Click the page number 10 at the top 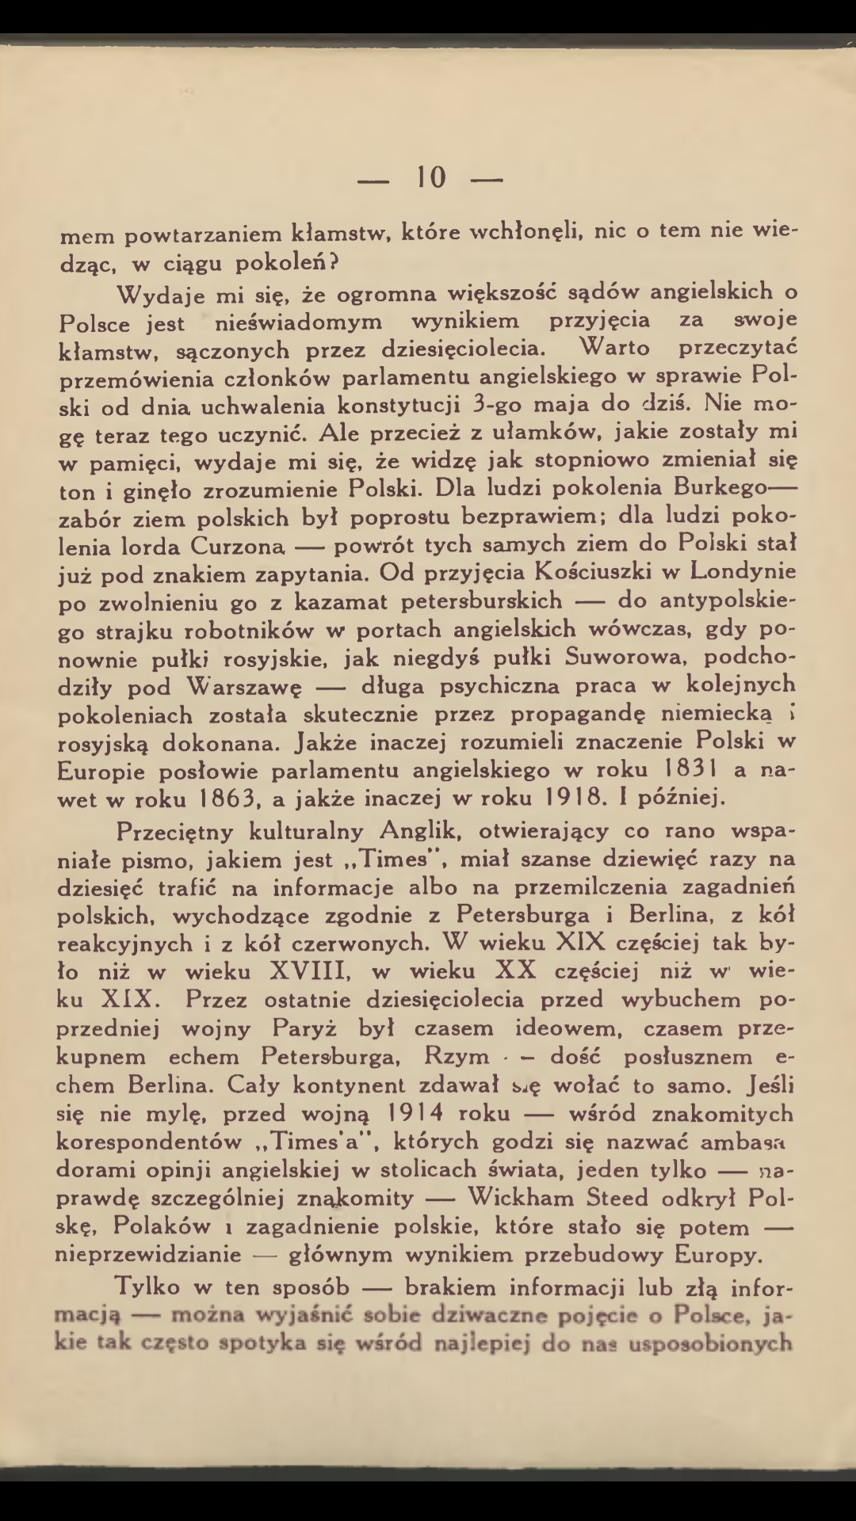431,177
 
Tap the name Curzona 237,546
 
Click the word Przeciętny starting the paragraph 175,832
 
